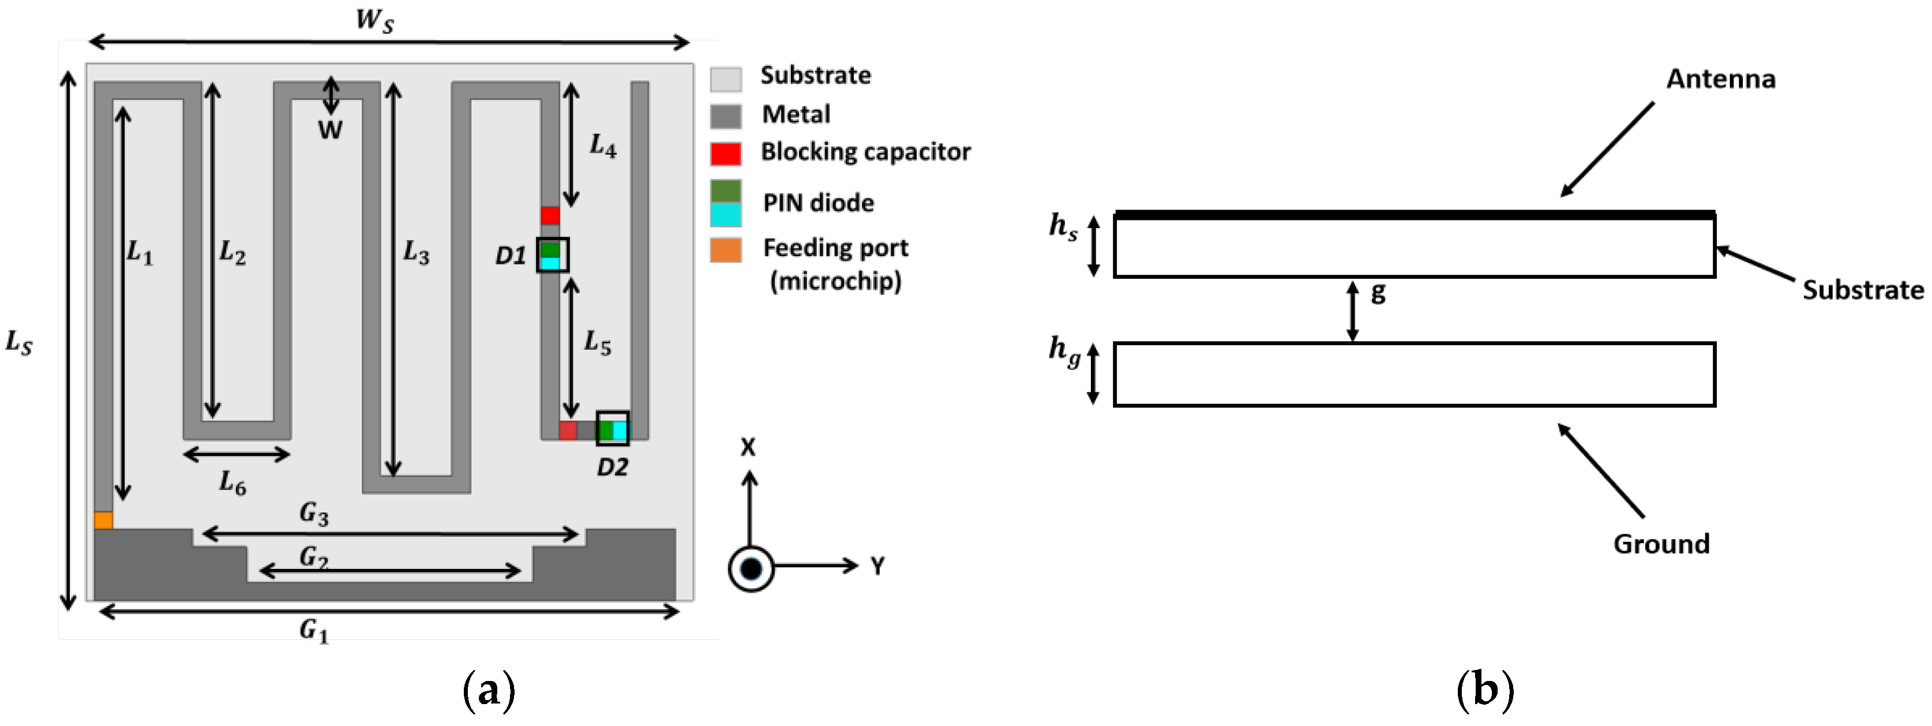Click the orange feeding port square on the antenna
[103, 520]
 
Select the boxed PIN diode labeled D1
[552, 255]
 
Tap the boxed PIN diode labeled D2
[612, 429]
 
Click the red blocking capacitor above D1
[550, 215]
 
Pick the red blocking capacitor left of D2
[568, 430]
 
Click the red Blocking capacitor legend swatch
[725, 153]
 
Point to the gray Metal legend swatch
[725, 116]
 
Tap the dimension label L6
[232, 484]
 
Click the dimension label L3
[417, 253]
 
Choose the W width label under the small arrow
[330, 130]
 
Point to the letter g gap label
[1378, 293]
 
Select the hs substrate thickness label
[1063, 226]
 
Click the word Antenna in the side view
[1720, 78]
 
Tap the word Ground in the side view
[1661, 544]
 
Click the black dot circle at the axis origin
[751, 568]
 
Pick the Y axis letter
[877, 566]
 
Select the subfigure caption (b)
[1485, 689]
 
